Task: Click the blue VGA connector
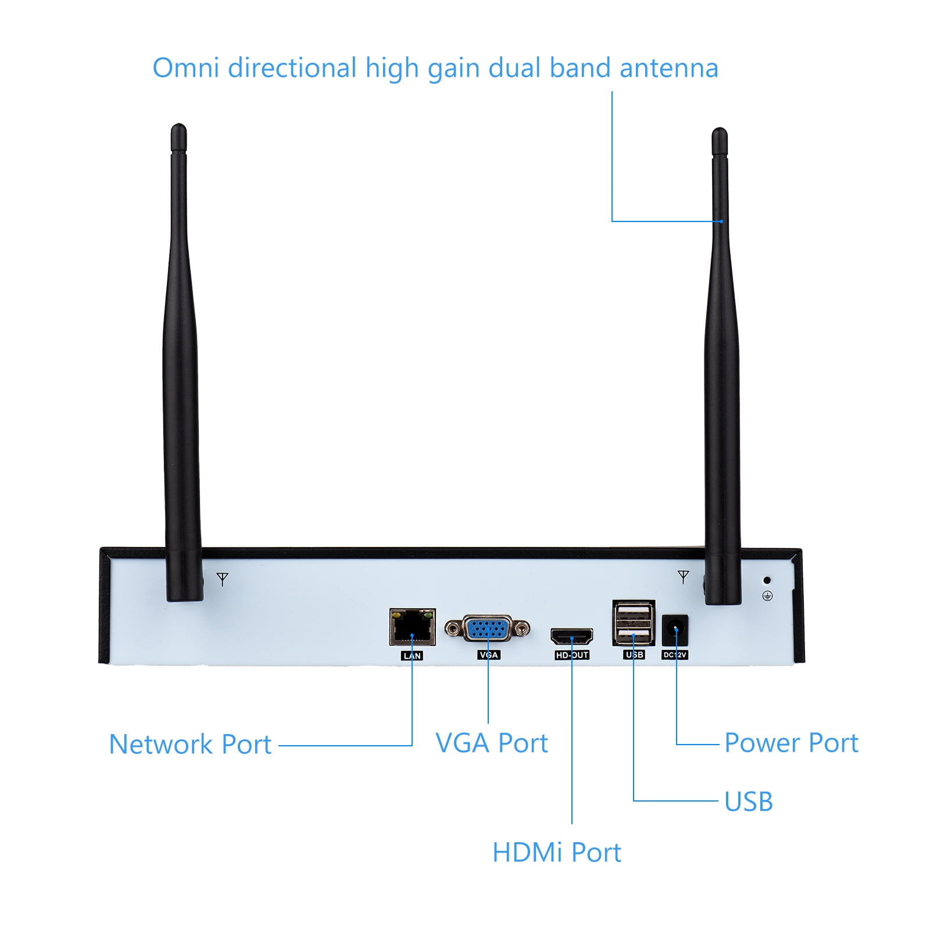pyautogui.click(x=487, y=629)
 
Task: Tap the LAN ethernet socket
pyautogui.click(x=412, y=627)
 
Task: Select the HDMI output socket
pyautogui.click(x=572, y=636)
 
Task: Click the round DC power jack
pyautogui.click(x=675, y=630)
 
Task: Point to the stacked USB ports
pyautogui.click(x=634, y=623)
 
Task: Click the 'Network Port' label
pyautogui.click(x=190, y=745)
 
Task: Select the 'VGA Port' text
pyautogui.click(x=492, y=743)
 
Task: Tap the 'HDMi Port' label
pyautogui.click(x=556, y=853)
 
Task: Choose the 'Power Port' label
pyautogui.click(x=791, y=743)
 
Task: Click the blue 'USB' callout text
pyautogui.click(x=748, y=802)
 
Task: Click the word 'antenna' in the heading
pyautogui.click(x=668, y=68)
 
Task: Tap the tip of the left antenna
pyautogui.click(x=178, y=129)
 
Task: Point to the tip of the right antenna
pyautogui.click(x=720, y=133)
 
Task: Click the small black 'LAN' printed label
pyautogui.click(x=412, y=656)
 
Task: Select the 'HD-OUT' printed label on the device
pyautogui.click(x=572, y=655)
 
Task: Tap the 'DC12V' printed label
pyautogui.click(x=675, y=655)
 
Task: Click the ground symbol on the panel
pyautogui.click(x=767, y=596)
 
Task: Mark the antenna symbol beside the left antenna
pyautogui.click(x=223, y=579)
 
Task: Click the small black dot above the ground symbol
pyautogui.click(x=767, y=580)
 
